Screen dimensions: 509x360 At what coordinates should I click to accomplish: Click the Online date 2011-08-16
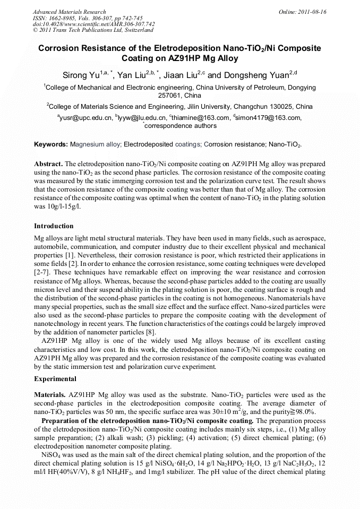[312, 12]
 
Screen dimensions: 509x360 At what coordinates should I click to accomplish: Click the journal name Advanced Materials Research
[69, 12]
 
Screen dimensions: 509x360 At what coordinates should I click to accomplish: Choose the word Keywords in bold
[50, 144]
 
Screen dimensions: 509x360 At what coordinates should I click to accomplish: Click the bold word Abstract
[48, 164]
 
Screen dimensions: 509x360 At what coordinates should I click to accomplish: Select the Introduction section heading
[54, 226]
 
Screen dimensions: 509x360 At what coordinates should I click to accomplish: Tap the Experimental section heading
[55, 379]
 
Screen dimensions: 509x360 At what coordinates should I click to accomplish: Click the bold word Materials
[50, 395]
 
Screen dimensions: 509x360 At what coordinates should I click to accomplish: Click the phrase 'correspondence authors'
[181, 126]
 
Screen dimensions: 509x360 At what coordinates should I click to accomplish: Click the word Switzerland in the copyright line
[136, 30]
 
